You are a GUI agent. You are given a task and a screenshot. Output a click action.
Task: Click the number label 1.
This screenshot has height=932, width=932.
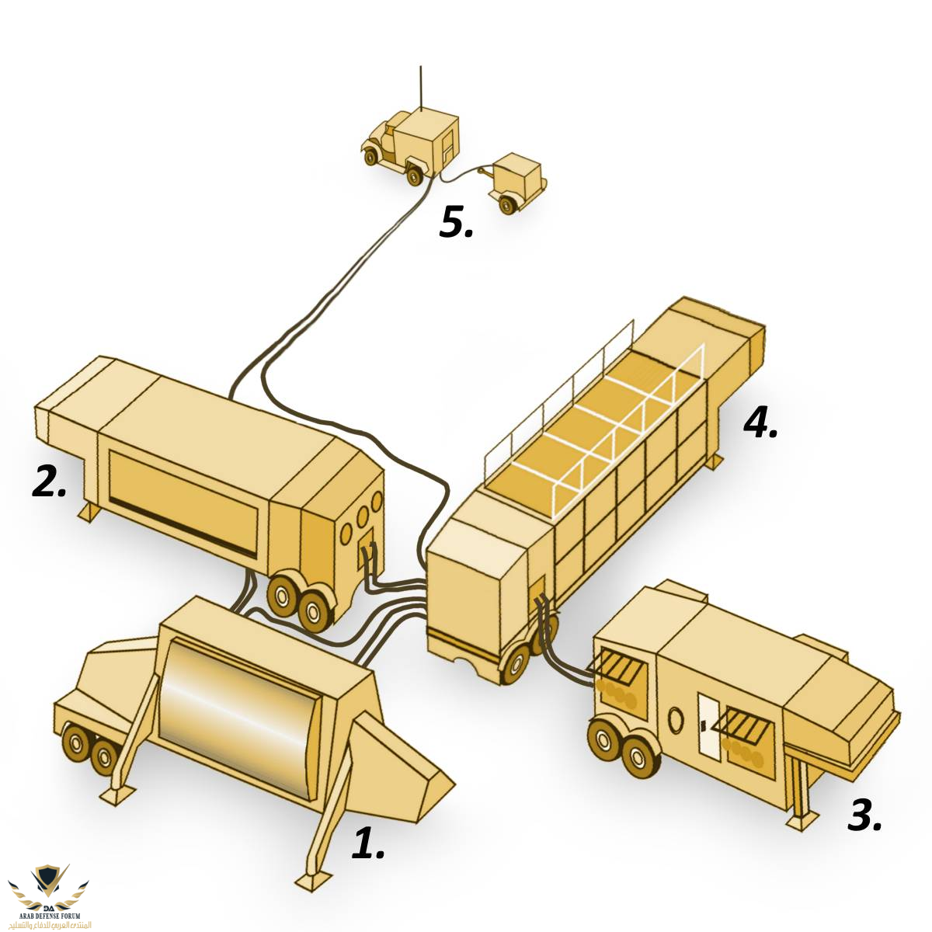[x=367, y=843]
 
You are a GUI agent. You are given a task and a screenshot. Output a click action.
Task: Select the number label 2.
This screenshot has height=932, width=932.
[x=49, y=482]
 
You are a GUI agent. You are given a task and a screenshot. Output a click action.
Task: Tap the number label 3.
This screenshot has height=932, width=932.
[x=864, y=815]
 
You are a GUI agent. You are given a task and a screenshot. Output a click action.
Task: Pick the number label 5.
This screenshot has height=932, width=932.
[x=456, y=223]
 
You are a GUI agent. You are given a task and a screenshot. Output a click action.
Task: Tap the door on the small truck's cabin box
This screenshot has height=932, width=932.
[x=448, y=146]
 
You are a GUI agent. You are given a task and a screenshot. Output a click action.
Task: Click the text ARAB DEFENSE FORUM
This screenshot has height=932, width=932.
[x=49, y=917]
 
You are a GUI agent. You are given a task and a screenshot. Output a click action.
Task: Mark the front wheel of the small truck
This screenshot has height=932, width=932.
[x=371, y=157]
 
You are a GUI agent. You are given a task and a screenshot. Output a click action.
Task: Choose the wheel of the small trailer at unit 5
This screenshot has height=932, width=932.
[x=508, y=205]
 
